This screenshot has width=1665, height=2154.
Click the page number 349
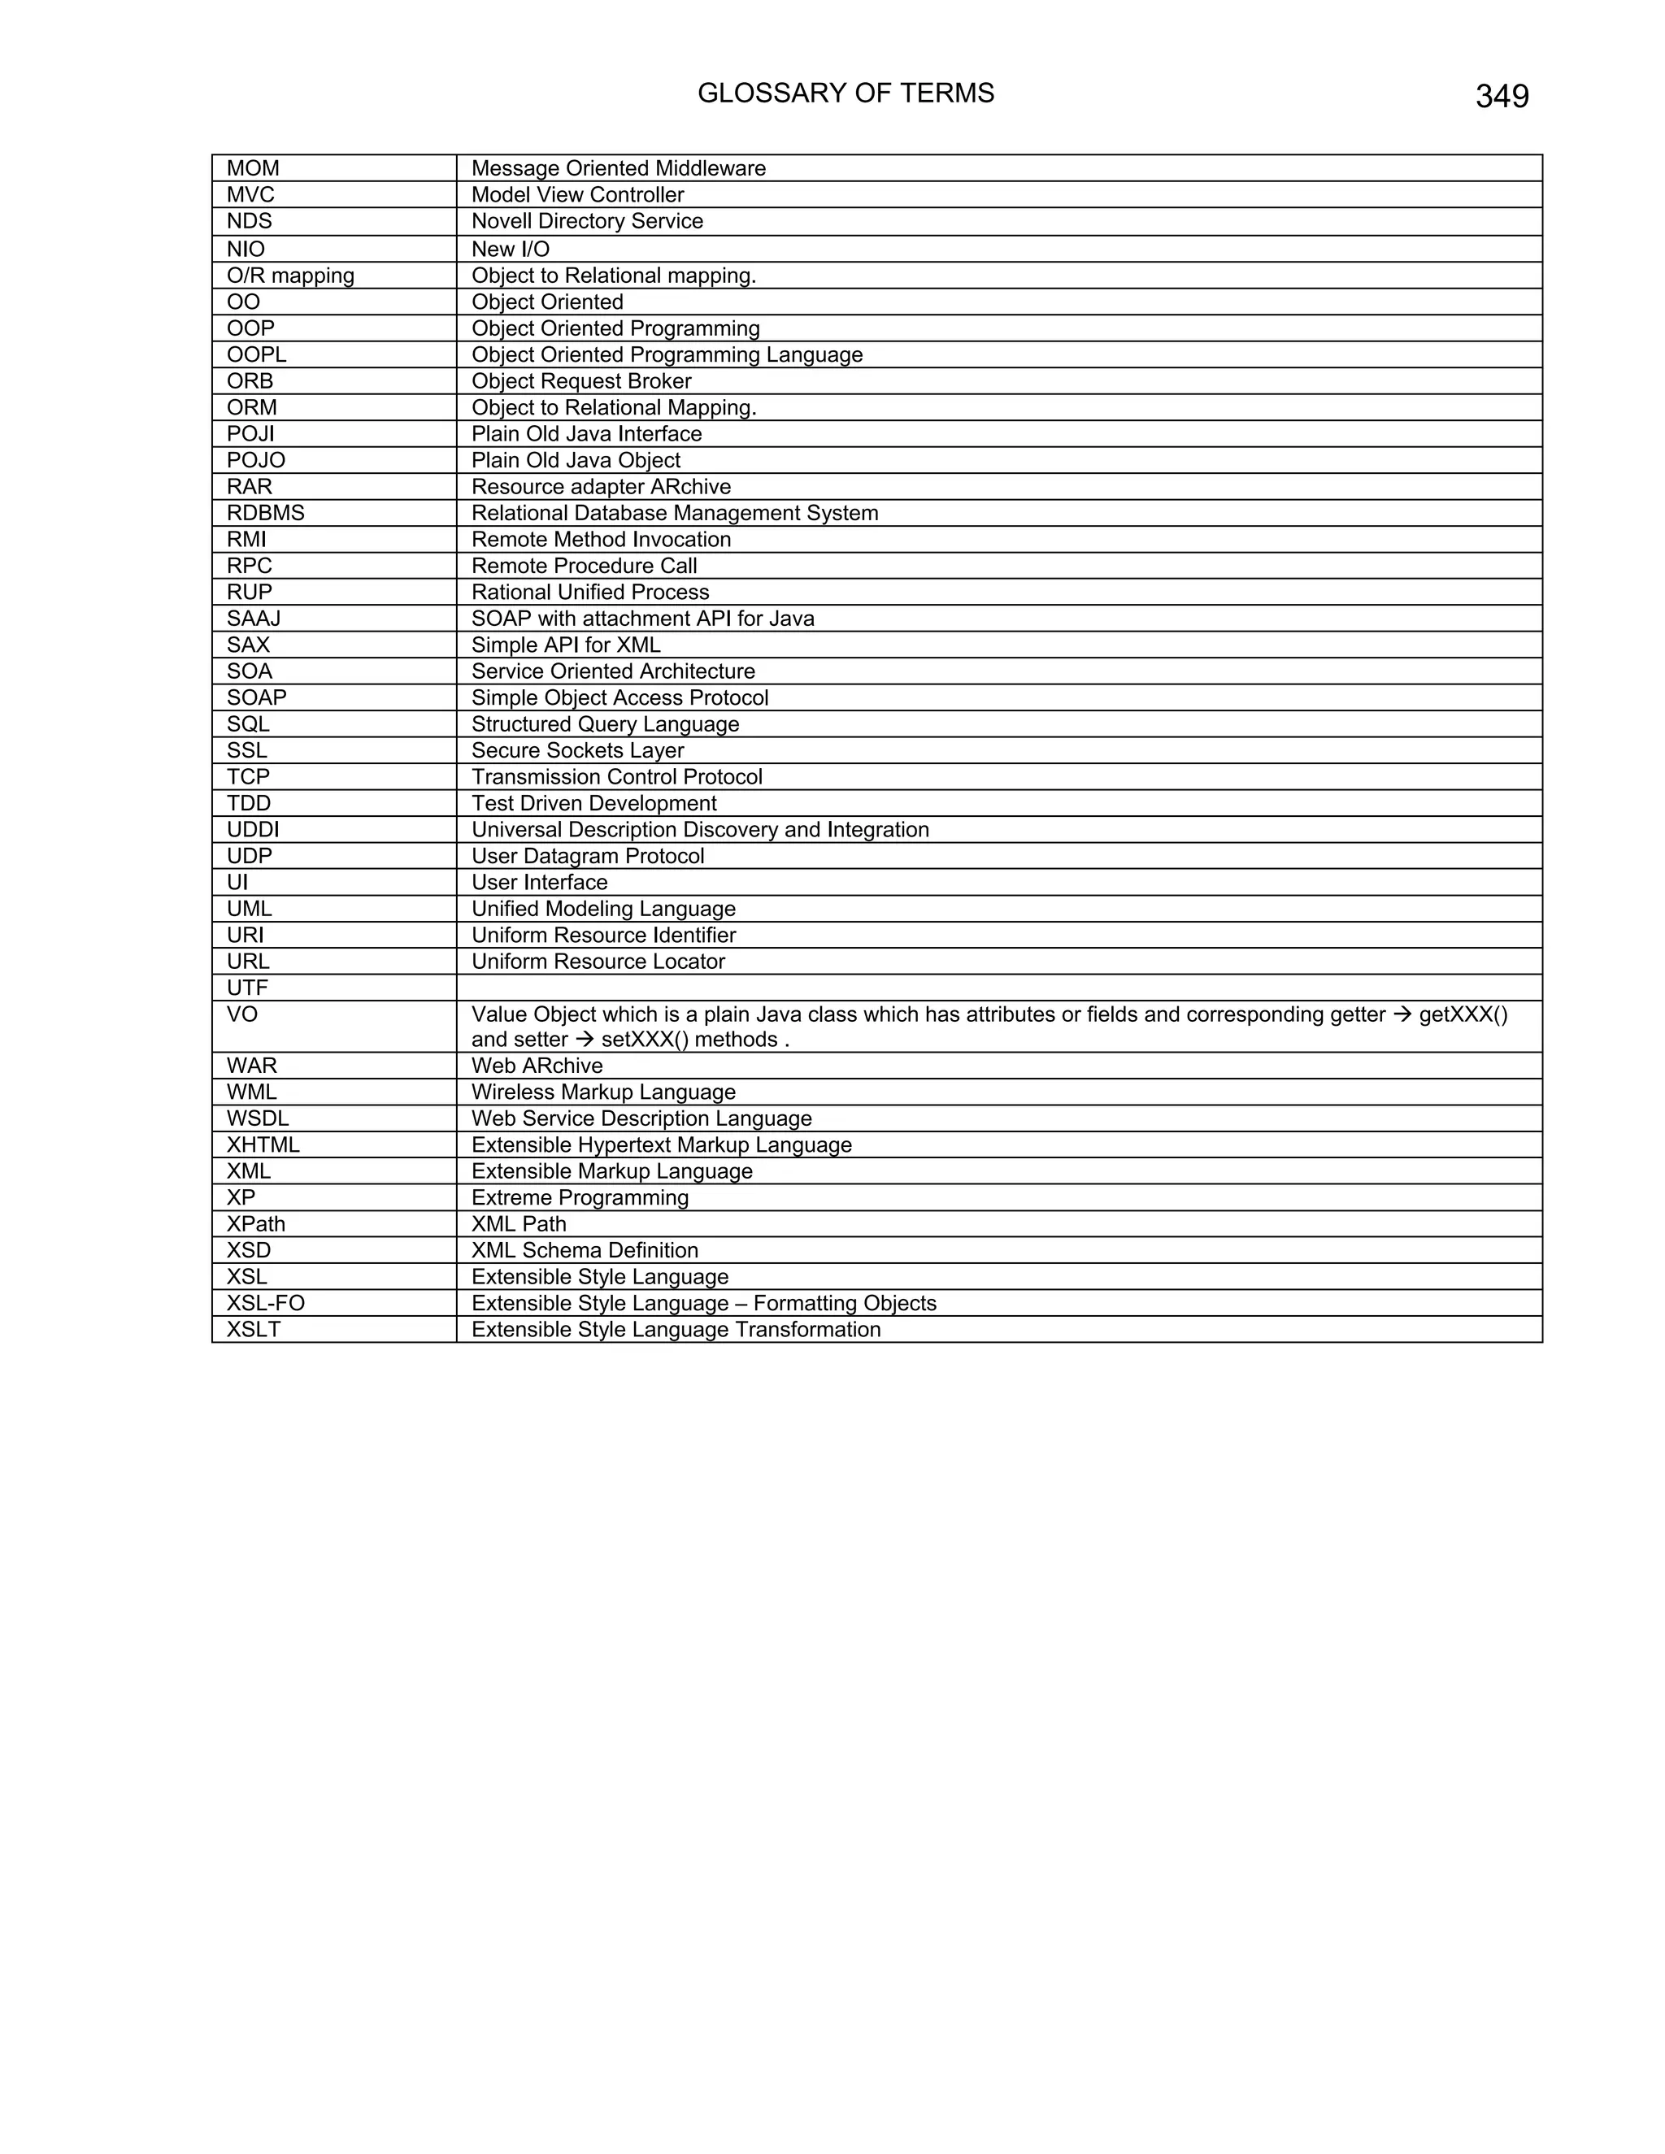(1502, 97)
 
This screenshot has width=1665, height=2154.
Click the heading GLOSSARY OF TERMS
(846, 93)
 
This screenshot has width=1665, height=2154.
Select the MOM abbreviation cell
(253, 168)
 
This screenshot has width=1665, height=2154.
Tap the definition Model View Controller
(577, 195)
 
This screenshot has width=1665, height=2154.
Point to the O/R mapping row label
(290, 276)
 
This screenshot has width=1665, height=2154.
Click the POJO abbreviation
(255, 461)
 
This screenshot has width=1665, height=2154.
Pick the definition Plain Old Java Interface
(586, 434)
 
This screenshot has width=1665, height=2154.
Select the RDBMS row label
(265, 513)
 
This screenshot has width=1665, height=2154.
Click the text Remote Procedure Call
(584, 566)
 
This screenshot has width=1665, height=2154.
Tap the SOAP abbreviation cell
(256, 698)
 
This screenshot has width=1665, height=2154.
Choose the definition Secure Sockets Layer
(577, 750)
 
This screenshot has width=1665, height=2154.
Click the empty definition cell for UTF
(998, 988)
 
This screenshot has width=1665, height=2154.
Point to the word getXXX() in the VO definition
(1463, 1015)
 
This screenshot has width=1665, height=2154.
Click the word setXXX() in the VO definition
(645, 1040)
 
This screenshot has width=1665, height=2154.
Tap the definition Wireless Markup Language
(602, 1092)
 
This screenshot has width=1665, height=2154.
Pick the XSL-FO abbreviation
(265, 1304)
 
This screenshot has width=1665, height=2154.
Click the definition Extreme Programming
(580, 1198)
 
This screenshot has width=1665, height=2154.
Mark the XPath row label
(255, 1225)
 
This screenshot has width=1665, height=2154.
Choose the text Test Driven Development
(593, 804)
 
